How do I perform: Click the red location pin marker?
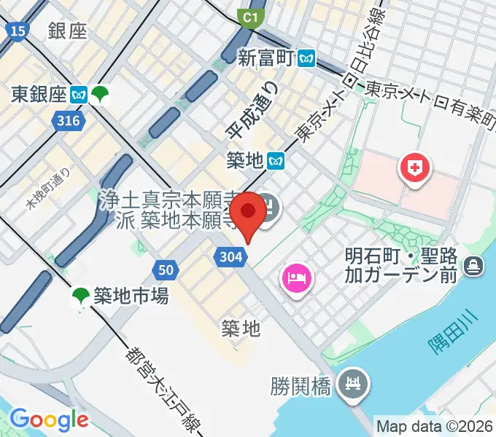pos(249,212)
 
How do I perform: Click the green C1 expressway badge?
pos(252,17)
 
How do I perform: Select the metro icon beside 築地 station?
pos(276,158)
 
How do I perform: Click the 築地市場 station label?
pos(130,295)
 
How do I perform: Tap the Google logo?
pos(48,419)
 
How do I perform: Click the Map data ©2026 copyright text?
pos(434,426)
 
